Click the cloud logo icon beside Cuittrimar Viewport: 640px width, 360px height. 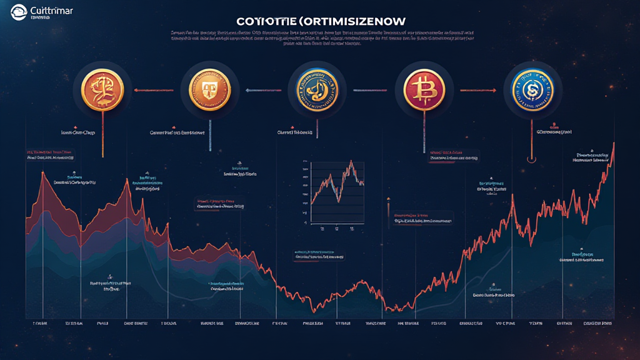tap(18, 10)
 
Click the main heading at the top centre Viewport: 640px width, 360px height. tap(321, 21)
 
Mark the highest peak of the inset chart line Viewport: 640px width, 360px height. tap(351, 161)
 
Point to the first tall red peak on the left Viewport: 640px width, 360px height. tap(42, 171)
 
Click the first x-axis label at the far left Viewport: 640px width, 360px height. tap(40, 324)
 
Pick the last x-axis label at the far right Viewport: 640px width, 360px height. tap(597, 324)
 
